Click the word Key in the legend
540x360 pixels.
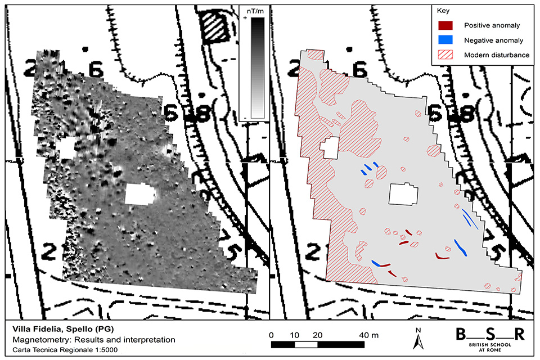[443, 11]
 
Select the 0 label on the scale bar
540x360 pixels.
[272, 334]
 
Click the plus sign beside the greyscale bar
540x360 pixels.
[245, 19]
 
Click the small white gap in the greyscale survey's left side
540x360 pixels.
[67, 149]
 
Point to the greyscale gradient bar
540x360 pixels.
[258, 67]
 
